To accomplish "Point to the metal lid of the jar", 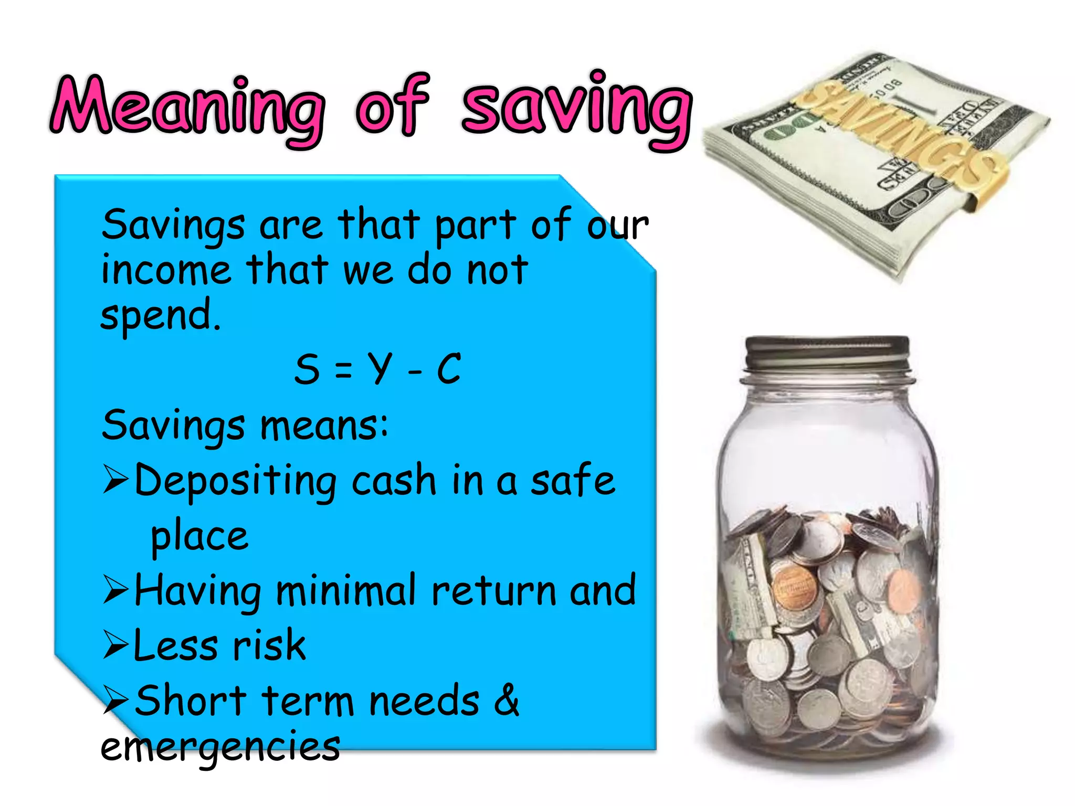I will pyautogui.click(x=827, y=354).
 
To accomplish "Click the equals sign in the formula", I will pyautogui.click(x=343, y=370).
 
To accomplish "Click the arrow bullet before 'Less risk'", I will pyautogui.click(x=115, y=645).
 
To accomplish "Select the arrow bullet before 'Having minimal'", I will pyautogui.click(x=115, y=589).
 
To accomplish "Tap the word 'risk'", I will pyautogui.click(x=269, y=645).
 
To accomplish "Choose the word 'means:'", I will pyautogui.click(x=324, y=426).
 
